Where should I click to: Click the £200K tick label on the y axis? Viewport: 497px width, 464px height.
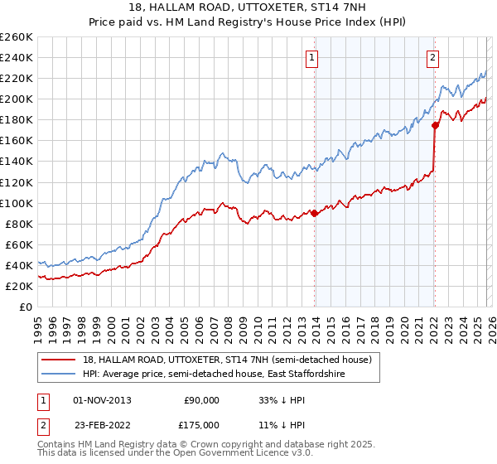16,99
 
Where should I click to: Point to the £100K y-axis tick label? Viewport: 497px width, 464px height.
16,203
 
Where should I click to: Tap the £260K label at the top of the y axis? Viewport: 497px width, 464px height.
16,37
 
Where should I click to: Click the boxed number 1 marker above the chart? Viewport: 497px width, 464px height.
312,57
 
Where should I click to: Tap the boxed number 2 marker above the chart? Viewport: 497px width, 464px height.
433,57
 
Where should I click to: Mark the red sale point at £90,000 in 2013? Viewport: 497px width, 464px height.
314,213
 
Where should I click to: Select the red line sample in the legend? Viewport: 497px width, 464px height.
60,360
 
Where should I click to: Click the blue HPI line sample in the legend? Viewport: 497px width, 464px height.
60,374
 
